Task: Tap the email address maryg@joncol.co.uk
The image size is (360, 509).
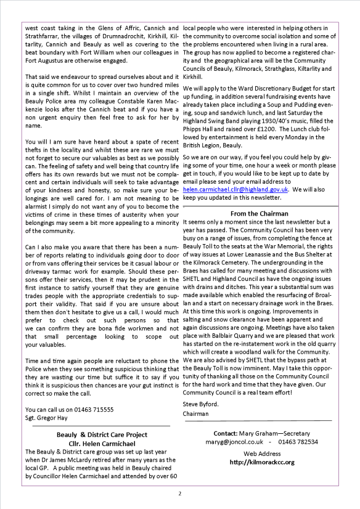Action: (235, 441)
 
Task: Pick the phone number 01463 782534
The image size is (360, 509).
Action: (297, 441)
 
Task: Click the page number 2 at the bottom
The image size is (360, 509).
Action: (180, 493)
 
